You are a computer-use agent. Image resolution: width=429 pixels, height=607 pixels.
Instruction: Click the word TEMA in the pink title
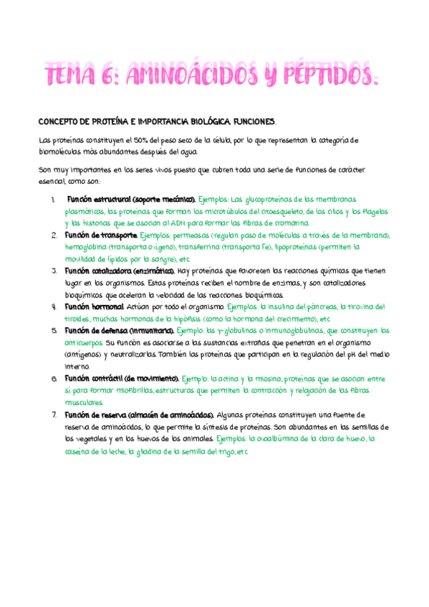coord(73,73)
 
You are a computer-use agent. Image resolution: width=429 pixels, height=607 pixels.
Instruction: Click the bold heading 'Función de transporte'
coord(100,235)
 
